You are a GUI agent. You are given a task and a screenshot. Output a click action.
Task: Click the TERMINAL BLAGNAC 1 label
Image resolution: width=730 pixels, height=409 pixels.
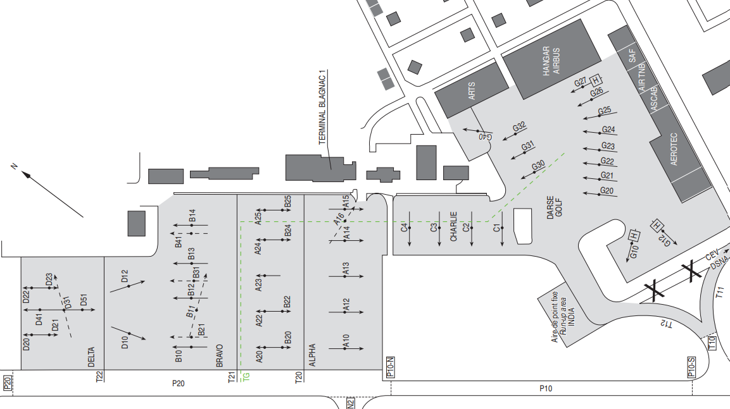(322, 108)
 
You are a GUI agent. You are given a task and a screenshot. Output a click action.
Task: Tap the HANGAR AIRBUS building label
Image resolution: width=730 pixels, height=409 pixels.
(551, 61)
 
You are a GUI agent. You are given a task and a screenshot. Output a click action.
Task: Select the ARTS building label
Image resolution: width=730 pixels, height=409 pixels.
(472, 90)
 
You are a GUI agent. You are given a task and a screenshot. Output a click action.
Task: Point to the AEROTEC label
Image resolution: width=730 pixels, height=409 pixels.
(674, 149)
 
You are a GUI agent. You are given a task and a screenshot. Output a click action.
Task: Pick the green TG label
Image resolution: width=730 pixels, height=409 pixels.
(246, 377)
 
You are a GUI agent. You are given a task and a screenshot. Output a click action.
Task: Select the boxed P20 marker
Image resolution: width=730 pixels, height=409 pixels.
(7, 382)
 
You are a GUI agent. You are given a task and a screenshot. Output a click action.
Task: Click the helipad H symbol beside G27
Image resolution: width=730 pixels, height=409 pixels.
(595, 80)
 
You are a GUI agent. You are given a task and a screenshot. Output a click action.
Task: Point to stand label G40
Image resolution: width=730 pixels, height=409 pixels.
(485, 137)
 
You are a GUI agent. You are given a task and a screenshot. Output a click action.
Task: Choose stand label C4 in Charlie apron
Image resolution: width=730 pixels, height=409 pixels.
(404, 228)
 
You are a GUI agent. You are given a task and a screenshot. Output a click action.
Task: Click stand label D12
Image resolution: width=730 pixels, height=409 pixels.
(124, 276)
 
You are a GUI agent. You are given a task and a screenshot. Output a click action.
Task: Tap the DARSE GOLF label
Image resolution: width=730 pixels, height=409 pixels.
(555, 207)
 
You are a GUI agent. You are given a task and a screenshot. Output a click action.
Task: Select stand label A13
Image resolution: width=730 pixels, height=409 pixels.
(346, 269)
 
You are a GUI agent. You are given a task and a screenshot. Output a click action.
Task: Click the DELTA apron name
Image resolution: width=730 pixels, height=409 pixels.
(91, 357)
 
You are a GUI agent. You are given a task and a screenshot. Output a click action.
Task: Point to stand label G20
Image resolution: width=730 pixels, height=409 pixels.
(607, 190)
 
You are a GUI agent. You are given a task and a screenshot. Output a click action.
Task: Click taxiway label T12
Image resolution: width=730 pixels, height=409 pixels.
(666, 324)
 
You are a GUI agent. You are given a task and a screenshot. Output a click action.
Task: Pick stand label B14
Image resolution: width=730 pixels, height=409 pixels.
(192, 216)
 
